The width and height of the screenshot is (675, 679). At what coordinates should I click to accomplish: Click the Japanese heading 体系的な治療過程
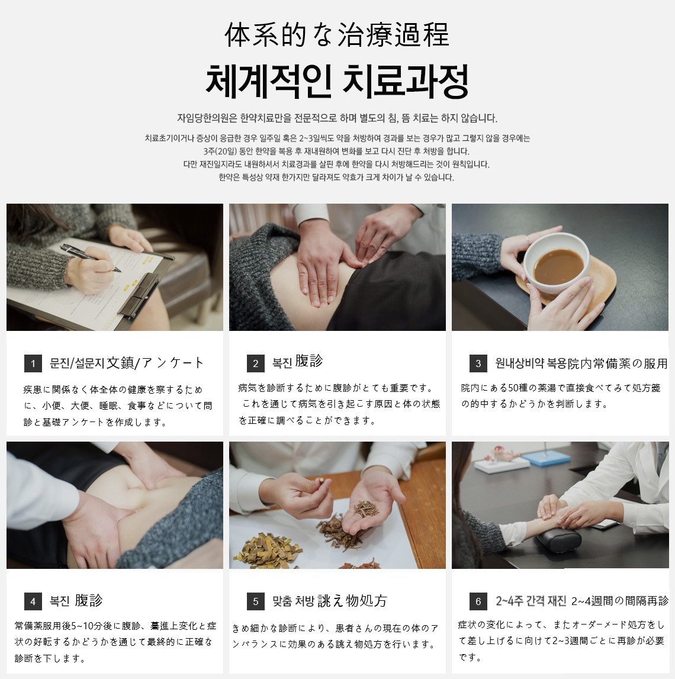pos(337,35)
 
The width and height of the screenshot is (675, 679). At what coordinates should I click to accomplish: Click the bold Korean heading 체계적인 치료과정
pos(337,82)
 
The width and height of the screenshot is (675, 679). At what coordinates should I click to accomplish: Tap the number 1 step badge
pos(33,363)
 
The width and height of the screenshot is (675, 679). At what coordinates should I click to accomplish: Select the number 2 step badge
pos(256,363)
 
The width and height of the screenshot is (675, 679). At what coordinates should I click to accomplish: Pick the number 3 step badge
pos(478,363)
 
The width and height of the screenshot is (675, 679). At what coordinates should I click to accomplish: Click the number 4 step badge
pos(33,601)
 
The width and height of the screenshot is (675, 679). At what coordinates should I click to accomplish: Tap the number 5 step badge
pos(256,601)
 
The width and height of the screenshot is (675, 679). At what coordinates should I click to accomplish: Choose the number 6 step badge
pos(478,601)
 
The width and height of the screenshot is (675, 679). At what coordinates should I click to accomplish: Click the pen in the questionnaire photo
pos(90,258)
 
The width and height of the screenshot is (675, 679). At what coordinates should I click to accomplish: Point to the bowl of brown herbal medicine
pos(557,260)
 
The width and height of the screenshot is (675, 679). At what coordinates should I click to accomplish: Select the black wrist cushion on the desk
pos(558,542)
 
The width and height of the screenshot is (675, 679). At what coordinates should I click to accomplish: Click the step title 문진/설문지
pos(77,363)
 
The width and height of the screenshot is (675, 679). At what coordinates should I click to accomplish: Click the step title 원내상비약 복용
pos(531,363)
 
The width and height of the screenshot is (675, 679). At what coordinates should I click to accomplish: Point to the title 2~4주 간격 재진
pos(531,601)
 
